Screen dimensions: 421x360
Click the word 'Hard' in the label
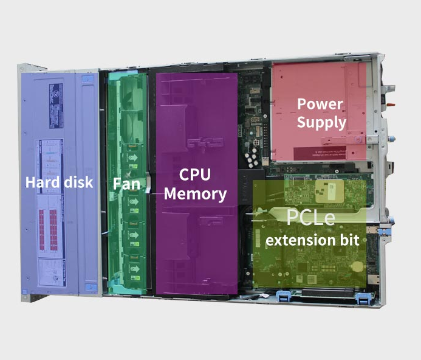(x=41, y=182)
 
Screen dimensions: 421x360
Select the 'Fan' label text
(x=126, y=183)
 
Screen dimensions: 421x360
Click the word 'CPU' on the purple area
(x=195, y=175)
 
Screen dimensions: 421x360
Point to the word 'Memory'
(x=195, y=194)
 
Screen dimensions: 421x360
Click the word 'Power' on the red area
(x=320, y=104)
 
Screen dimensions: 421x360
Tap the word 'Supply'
(x=321, y=122)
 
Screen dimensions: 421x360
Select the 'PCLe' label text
(x=310, y=217)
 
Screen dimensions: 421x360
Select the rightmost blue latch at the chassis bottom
(x=363, y=298)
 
